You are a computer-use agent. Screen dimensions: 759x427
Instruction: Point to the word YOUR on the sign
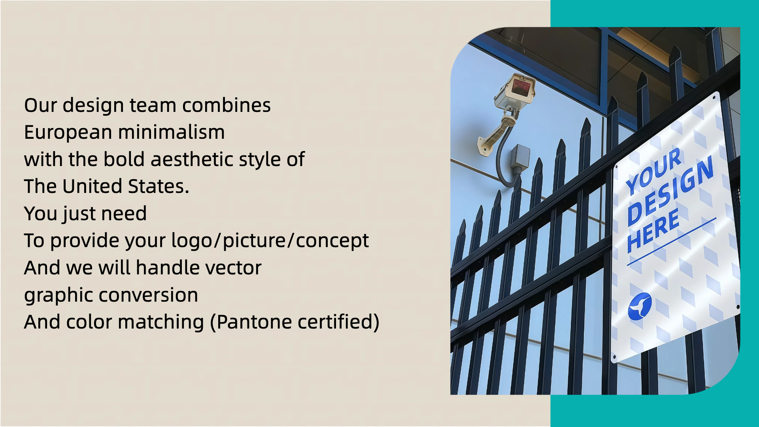click(654, 171)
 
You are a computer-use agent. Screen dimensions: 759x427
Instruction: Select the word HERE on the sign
click(653, 230)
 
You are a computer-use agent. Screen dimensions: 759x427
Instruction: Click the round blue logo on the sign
click(640, 306)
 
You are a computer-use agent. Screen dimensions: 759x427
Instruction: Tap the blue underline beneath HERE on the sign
click(672, 241)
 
